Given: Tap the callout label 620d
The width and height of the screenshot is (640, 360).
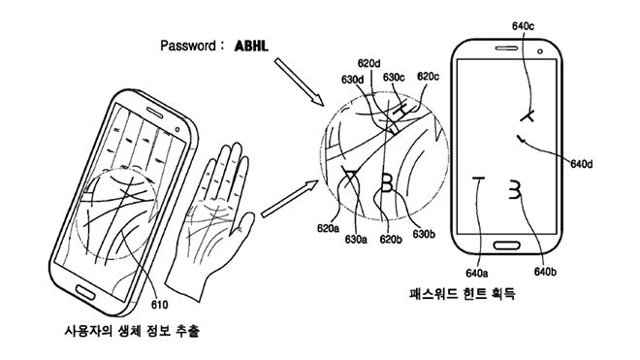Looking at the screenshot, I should point(368,63).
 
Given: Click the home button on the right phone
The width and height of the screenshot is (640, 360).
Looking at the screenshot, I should point(509,246).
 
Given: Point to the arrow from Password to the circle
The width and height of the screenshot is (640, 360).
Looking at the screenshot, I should point(297,81).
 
